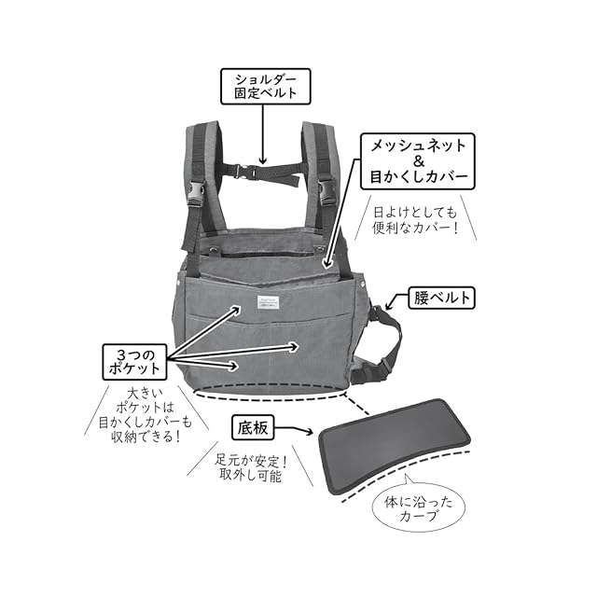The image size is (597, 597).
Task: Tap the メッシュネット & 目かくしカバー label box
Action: click(x=417, y=160)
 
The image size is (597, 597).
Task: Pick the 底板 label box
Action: click(x=255, y=428)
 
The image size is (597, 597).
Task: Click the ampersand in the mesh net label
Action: click(x=417, y=160)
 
